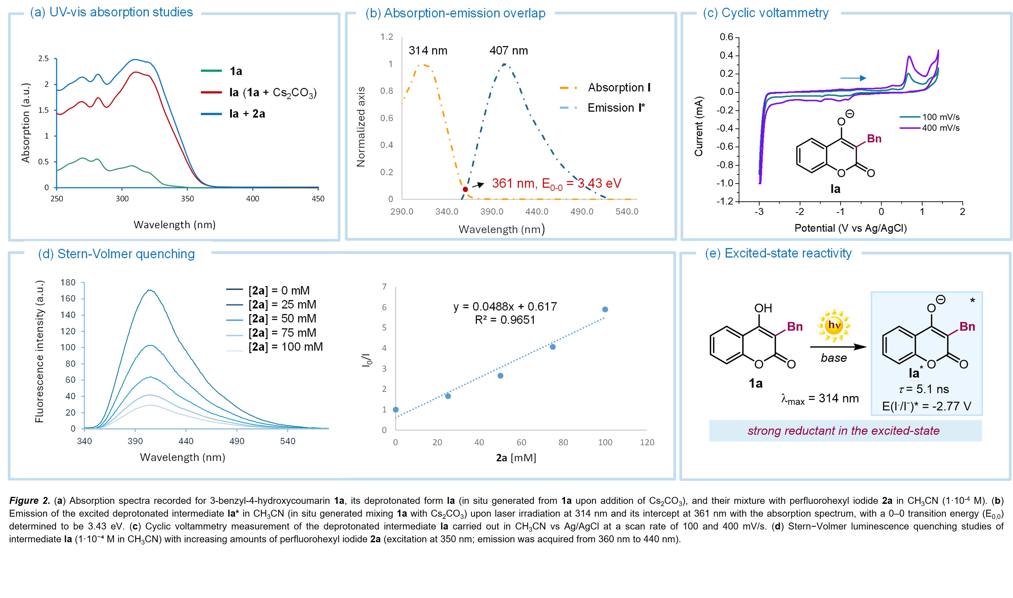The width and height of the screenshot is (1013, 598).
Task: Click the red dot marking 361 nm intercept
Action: pos(465,189)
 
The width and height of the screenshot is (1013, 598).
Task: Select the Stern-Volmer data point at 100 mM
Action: pos(605,309)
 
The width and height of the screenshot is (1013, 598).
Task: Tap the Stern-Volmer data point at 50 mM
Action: pos(500,375)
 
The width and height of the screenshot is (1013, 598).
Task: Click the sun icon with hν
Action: pos(833,325)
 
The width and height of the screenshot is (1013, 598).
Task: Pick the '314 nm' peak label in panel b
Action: pos(428,50)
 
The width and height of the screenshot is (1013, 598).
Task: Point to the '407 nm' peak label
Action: pos(508,50)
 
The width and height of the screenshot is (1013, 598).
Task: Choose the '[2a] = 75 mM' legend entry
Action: pos(282,333)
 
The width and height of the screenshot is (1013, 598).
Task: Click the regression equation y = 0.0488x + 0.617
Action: pos(505,307)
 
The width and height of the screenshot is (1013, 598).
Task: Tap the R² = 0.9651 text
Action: pos(505,320)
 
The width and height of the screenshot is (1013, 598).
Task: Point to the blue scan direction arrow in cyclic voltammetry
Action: pos(853,78)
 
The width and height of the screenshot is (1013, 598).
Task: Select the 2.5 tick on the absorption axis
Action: pos(43,59)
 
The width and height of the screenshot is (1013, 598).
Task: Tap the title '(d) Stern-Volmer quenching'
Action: pos(116,254)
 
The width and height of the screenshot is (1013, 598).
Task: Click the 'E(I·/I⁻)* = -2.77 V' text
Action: pos(926,406)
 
